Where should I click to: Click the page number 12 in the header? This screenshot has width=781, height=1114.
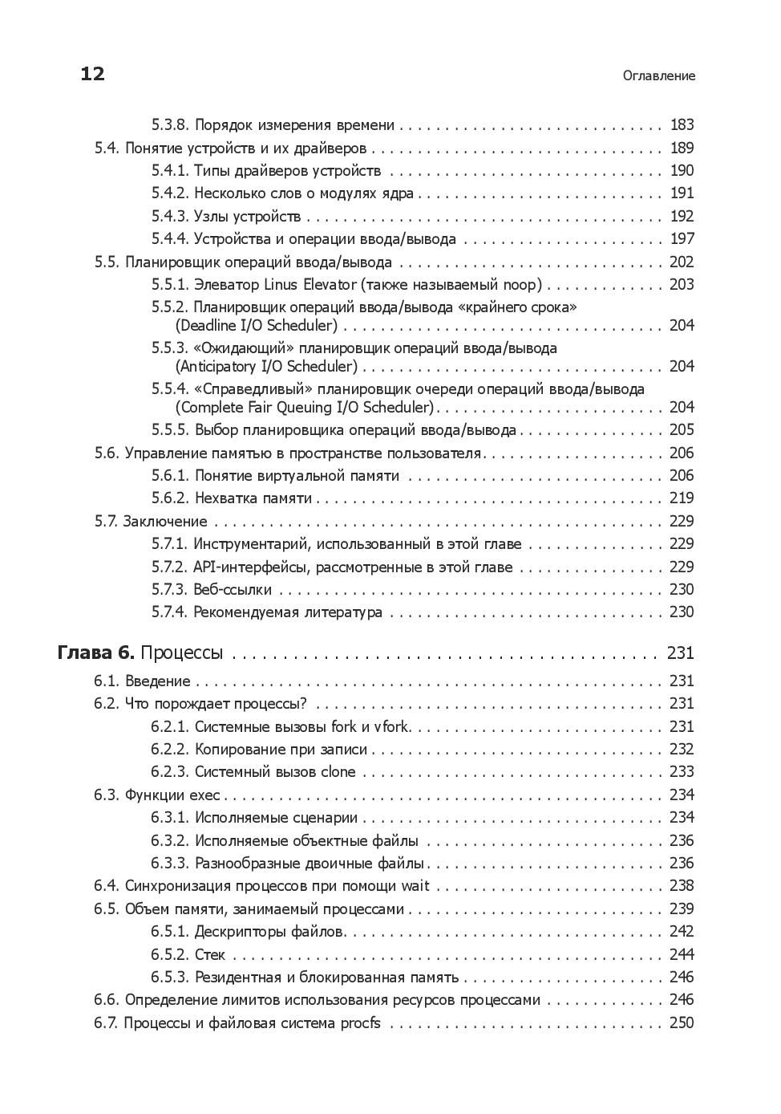coord(92,75)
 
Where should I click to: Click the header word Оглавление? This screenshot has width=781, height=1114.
coord(658,76)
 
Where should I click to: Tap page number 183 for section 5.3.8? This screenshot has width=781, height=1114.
coord(682,125)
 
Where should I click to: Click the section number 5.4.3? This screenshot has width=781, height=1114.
coord(169,217)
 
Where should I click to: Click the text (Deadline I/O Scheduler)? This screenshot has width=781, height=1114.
coord(256,326)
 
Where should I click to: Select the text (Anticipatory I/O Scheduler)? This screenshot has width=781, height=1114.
coord(265,367)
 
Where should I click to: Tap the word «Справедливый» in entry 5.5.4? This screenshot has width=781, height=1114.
coord(241,389)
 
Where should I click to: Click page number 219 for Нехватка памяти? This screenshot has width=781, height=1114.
coord(682,498)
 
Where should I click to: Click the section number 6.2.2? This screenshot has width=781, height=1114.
coord(169,750)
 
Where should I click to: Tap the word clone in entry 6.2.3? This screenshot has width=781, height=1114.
coord(338,772)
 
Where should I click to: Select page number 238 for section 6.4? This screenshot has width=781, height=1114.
coord(682,886)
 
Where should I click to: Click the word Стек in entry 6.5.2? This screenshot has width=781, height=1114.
coord(210,955)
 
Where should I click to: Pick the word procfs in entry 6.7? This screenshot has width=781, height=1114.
coord(361,1023)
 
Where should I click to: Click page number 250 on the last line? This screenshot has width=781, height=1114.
coord(682,1023)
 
